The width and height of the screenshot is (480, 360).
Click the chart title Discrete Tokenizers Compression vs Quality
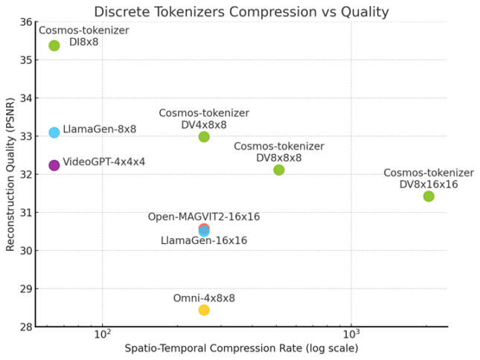click(240, 11)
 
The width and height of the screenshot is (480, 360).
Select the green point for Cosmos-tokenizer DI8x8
click(54, 45)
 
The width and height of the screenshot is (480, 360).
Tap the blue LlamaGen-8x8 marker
click(54, 132)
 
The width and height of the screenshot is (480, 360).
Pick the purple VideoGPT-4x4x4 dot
click(54, 165)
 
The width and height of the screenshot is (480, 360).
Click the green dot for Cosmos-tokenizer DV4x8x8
click(204, 137)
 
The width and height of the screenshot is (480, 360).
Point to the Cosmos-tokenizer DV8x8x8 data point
click(279, 170)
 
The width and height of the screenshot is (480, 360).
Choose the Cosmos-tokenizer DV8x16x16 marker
click(429, 196)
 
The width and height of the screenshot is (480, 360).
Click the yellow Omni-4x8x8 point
click(204, 309)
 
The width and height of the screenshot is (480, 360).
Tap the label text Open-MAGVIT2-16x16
click(204, 216)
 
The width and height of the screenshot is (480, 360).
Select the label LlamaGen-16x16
click(204, 241)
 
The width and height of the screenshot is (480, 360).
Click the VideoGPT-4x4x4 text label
click(104, 161)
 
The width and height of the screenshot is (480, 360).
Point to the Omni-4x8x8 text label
click(204, 298)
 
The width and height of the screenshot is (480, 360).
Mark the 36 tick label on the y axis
click(26, 22)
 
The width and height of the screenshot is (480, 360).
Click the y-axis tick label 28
click(26, 327)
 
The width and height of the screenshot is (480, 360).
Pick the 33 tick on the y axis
click(26, 136)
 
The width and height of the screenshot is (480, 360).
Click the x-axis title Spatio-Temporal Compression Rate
click(240, 348)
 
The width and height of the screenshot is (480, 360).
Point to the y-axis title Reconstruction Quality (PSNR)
click(10, 174)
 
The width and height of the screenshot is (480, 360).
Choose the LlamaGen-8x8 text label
click(100, 129)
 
